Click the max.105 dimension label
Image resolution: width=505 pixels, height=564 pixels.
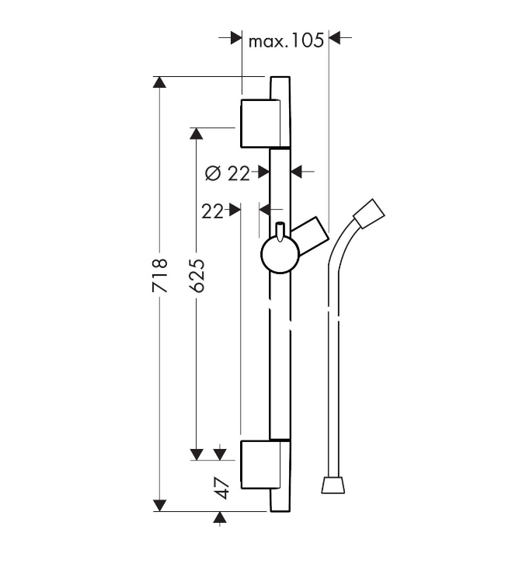[x=287, y=40]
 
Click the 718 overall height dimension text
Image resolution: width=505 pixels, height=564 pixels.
[x=160, y=275]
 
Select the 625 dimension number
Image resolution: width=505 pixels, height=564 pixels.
[x=197, y=275]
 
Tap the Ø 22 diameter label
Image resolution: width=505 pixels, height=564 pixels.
[x=228, y=174]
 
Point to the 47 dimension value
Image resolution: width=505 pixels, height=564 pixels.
[x=221, y=488]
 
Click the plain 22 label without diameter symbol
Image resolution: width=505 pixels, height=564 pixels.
[x=212, y=211]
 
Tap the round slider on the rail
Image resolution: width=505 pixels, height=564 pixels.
[x=280, y=255]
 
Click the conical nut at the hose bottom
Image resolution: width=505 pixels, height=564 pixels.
[x=333, y=485]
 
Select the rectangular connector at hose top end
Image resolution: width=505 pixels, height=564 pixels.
[x=369, y=214]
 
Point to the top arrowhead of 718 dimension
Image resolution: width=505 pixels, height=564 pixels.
[x=159, y=82]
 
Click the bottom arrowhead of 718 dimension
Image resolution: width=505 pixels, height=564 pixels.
[x=159, y=506]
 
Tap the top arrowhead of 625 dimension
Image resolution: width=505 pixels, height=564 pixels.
[x=196, y=134]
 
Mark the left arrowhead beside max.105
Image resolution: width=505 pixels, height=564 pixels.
[x=236, y=37]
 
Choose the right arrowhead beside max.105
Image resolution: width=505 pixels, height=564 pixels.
[x=335, y=37]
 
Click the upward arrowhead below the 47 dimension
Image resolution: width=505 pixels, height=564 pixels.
[x=220, y=517]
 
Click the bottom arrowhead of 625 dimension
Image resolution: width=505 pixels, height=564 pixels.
[x=196, y=454]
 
